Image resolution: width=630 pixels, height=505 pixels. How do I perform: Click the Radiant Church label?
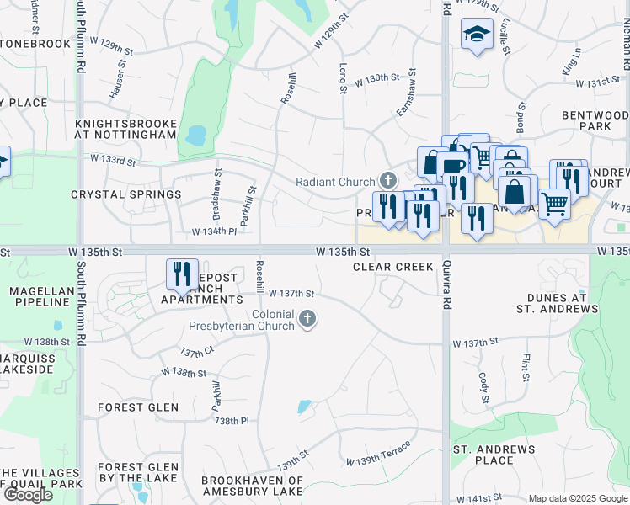(336, 182)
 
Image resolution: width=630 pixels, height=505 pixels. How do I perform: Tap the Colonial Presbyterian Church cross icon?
(308, 319)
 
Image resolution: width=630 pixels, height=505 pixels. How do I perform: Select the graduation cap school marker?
(477, 35)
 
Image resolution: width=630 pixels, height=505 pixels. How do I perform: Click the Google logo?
(27, 495)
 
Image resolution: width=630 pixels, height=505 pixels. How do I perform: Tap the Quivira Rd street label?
(445, 286)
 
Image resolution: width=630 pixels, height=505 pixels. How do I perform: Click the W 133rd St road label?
(108, 159)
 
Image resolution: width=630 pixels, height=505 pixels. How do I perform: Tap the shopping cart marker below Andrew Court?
(553, 203)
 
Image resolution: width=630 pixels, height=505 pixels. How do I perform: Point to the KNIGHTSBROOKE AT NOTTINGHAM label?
(125, 129)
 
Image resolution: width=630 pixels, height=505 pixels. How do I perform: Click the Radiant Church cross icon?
(387, 180)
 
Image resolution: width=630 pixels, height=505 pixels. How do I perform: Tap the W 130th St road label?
(376, 78)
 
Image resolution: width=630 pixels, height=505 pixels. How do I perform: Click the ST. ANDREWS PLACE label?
(494, 454)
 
